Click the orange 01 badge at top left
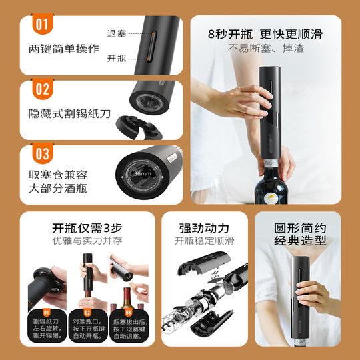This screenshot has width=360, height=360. pyautogui.click(x=41, y=26)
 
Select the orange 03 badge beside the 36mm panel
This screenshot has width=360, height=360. pyautogui.click(x=41, y=155)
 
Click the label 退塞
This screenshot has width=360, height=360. pyautogui.click(x=116, y=33)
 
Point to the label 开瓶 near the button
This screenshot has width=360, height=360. pyautogui.click(x=116, y=58)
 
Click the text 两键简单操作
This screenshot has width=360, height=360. pyautogui.click(x=64, y=49)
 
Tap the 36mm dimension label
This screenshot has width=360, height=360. pyautogui.click(x=141, y=174)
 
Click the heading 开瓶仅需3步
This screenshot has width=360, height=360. pyautogui.click(x=86, y=227)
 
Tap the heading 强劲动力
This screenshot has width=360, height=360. pyautogui.click(x=204, y=227)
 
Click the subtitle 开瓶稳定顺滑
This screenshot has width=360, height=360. pyautogui.click(x=204, y=241)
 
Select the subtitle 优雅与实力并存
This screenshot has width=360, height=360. pyautogui.click(x=86, y=241)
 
